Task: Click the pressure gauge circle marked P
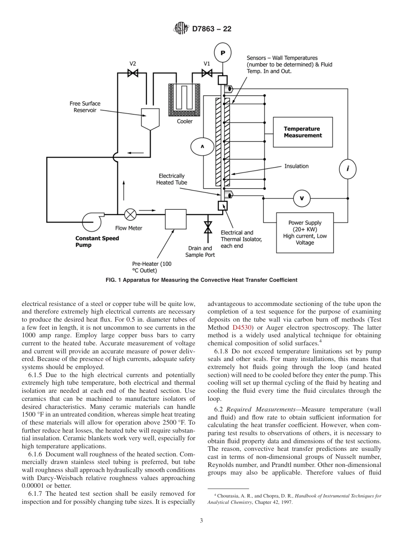point(222,53)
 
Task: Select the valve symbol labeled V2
point(133,73)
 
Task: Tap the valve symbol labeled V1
point(207,73)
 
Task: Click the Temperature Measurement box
point(302,132)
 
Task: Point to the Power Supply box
point(305,233)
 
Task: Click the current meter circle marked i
point(348,169)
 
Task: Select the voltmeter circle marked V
point(302,198)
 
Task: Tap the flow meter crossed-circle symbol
point(130,214)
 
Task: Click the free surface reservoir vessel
point(150,118)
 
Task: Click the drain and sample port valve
point(207,227)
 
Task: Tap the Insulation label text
point(296,166)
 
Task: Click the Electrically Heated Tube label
point(171,179)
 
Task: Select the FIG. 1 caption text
point(201,280)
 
